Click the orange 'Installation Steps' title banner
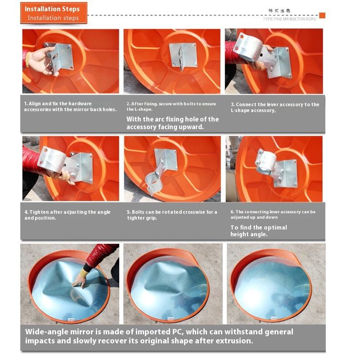click(x=54, y=13)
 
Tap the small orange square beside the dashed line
click(x=322, y=15)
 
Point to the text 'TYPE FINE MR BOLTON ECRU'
click(x=289, y=19)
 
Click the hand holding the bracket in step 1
click(x=42, y=60)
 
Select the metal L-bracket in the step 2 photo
click(x=183, y=55)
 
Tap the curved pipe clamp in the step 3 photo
click(x=248, y=47)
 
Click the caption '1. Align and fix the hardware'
click(x=58, y=103)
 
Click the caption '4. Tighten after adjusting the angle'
click(x=67, y=212)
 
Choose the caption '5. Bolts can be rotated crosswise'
click(x=172, y=212)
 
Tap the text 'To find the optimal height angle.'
click(x=259, y=231)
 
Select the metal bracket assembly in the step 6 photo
click(x=276, y=167)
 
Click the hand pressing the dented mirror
click(x=79, y=281)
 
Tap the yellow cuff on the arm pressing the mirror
click(x=83, y=273)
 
